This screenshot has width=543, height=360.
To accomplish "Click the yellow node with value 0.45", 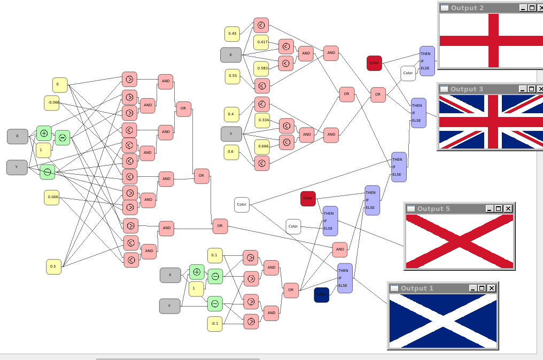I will click(232, 34).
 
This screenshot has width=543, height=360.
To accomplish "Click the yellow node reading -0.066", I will click(52, 103).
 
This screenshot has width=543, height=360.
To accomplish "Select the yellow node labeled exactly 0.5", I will click(53, 266).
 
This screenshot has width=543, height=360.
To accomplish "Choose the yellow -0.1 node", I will click(215, 323).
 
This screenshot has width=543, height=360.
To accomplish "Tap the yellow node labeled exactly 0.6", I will click(231, 152).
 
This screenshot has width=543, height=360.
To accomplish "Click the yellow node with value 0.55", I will click(232, 76).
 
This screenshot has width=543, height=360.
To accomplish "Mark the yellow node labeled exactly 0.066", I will click(52, 197).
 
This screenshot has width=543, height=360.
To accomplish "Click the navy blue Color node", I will click(321, 294).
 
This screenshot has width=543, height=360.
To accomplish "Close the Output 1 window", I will click(492, 288).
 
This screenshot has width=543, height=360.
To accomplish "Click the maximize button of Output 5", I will click(498, 208).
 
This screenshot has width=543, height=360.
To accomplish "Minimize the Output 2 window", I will click(523, 7).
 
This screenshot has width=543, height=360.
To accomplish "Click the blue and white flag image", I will click(443, 320).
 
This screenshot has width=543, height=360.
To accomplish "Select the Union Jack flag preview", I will click(491, 121).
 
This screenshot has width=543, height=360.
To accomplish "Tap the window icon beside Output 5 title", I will click(410, 208).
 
